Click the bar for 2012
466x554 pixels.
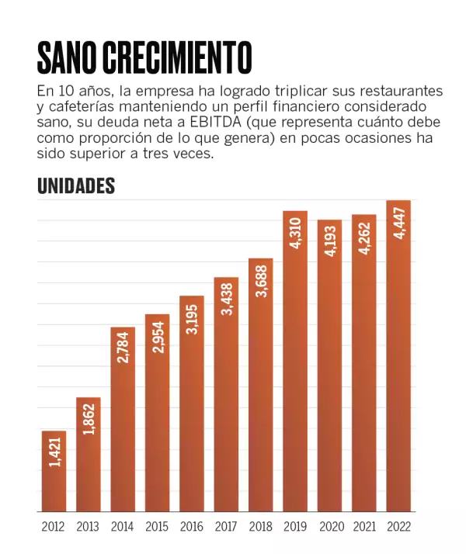54,471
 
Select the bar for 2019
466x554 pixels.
295,361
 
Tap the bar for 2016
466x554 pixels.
192,403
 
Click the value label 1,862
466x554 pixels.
88,419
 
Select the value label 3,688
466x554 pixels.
261,281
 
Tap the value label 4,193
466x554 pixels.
330,241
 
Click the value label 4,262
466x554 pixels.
364,237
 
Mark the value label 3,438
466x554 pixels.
227,300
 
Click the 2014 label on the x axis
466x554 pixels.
123,527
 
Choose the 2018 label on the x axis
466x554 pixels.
261,527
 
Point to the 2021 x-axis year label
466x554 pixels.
364,527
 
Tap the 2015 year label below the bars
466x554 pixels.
157,527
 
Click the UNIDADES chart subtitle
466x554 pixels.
76,186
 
